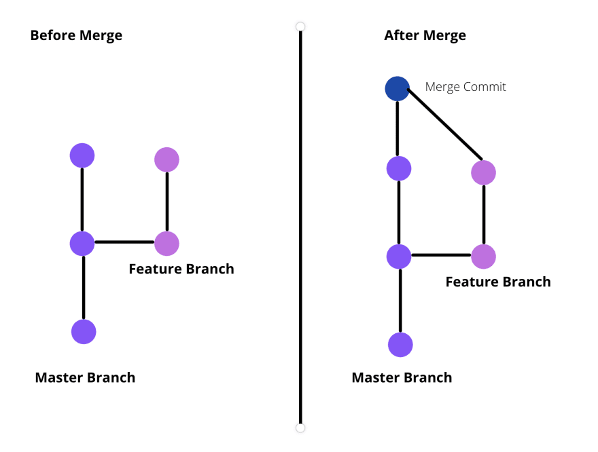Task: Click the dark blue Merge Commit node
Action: click(398, 89)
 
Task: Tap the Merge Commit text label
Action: click(465, 87)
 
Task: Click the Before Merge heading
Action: click(76, 35)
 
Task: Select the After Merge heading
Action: click(425, 35)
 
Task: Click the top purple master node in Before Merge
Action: click(82, 155)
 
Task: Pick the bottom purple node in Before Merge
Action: click(84, 332)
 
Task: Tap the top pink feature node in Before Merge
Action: click(166, 159)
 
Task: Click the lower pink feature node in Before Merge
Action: click(166, 244)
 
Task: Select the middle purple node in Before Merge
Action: click(82, 244)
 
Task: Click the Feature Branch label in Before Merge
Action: click(181, 269)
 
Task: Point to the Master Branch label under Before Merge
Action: click(85, 377)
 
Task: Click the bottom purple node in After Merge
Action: click(400, 345)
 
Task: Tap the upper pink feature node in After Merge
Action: click(484, 172)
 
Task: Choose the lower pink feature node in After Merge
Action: click(484, 257)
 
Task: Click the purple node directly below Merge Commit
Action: click(399, 168)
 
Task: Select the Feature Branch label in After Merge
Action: click(498, 282)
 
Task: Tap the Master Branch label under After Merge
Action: click(402, 377)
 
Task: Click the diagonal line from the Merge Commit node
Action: click(445, 124)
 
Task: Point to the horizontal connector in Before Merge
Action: click(124, 242)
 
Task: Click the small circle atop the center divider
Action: click(300, 26)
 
